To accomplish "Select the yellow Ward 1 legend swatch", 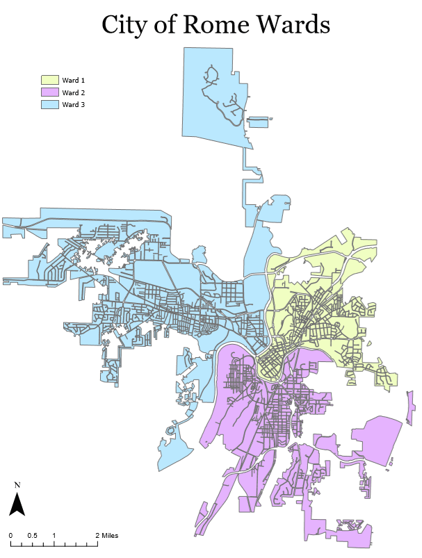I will click(x=49, y=81).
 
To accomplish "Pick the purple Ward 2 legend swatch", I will click(x=49, y=92).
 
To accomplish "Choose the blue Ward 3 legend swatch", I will click(x=49, y=104).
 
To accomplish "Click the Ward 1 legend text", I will click(x=73, y=81).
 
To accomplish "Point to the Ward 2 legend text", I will click(x=73, y=92).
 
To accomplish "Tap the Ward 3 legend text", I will click(x=73, y=104).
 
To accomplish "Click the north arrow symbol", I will click(x=17, y=503).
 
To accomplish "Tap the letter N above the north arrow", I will click(x=17, y=484).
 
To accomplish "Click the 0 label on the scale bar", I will click(x=11, y=535).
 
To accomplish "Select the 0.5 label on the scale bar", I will click(x=33, y=535).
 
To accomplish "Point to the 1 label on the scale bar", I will click(x=54, y=535).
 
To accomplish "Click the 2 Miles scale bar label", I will click(x=107, y=535).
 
